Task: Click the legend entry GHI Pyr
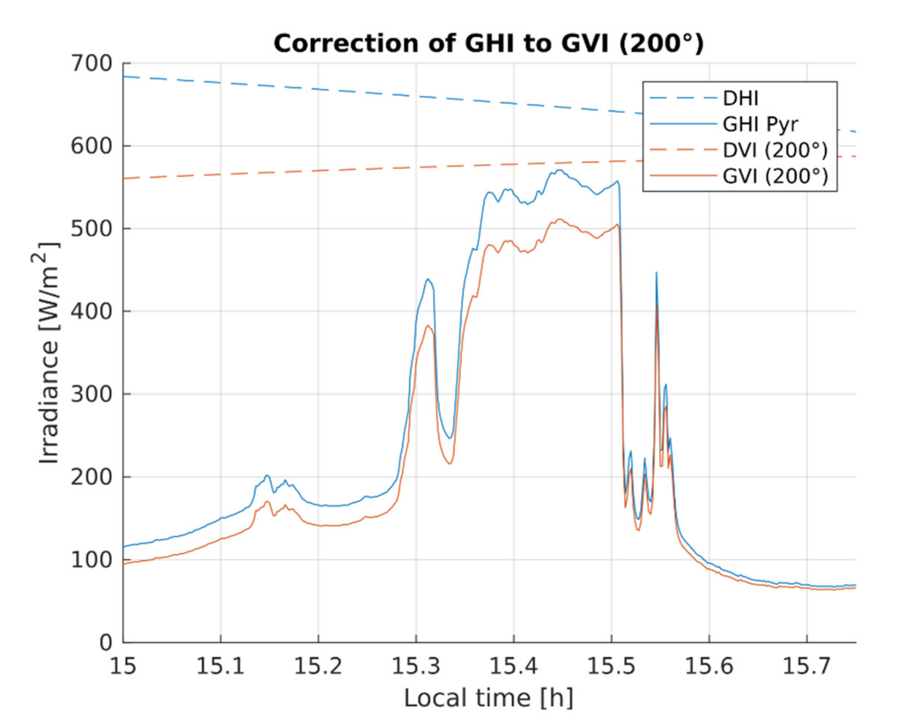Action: pos(760,124)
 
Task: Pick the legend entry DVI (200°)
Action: pos(775,150)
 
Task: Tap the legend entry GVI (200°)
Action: pos(775,176)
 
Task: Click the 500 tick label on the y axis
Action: pos(92,229)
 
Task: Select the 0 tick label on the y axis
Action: pos(106,642)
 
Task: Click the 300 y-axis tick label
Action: pos(92,394)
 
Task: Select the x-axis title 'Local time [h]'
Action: pos(488,699)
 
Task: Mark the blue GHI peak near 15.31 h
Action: pos(427,280)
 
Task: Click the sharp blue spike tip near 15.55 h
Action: pos(656,272)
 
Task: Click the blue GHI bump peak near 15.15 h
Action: pos(267,475)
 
